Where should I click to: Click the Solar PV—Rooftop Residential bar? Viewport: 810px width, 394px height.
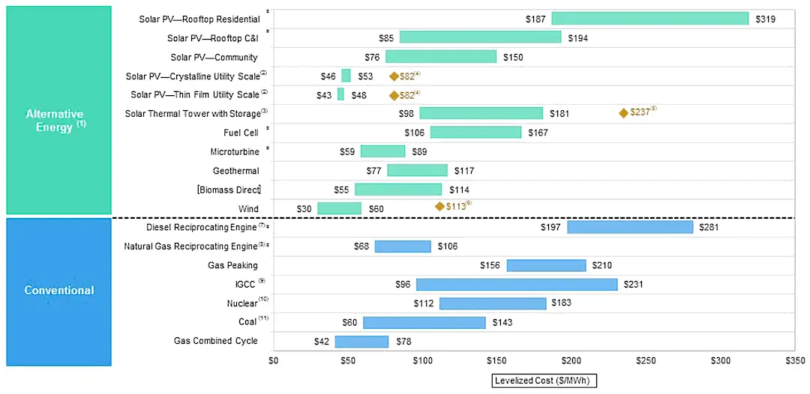pos(649,18)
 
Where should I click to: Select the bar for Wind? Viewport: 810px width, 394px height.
pos(339,208)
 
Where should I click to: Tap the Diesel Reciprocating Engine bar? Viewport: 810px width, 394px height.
pos(629,227)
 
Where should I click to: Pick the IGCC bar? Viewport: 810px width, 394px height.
pos(517,285)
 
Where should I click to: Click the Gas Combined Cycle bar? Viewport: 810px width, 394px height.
pos(361,342)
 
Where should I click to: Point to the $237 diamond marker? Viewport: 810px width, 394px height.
pos(623,113)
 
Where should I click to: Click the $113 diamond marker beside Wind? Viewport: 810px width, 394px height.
pos(439,206)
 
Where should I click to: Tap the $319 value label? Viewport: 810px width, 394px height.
pos(764,19)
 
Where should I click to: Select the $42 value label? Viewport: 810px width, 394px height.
pos(322,342)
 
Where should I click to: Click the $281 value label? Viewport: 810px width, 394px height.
pos(709,227)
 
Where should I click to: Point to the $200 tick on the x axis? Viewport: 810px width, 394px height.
pos(571,361)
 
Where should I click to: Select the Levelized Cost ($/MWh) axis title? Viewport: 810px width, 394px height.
pos(544,381)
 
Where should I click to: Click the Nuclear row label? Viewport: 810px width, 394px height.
pos(241,303)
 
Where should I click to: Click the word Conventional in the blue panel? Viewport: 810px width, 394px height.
pos(59,291)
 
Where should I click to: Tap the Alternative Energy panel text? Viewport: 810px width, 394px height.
pos(55,120)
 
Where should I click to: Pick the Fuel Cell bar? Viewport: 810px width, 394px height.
pos(475,133)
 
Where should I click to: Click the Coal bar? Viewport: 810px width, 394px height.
pos(424,322)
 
